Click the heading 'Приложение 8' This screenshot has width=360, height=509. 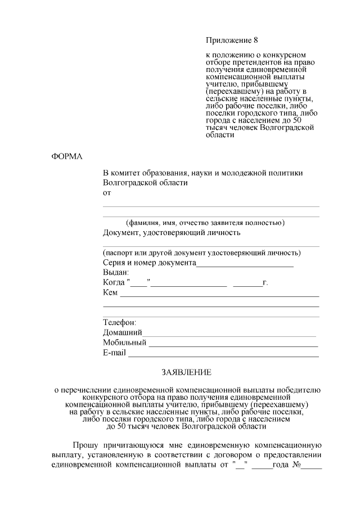[231, 40]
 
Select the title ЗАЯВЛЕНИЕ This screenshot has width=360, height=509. [187, 372]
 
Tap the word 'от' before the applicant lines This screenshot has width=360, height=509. [107, 193]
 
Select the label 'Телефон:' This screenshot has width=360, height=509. [119, 323]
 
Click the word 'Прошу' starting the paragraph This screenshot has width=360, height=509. [83, 444]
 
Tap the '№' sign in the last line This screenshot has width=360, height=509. [295, 465]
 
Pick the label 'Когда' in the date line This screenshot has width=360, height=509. [114, 282]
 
